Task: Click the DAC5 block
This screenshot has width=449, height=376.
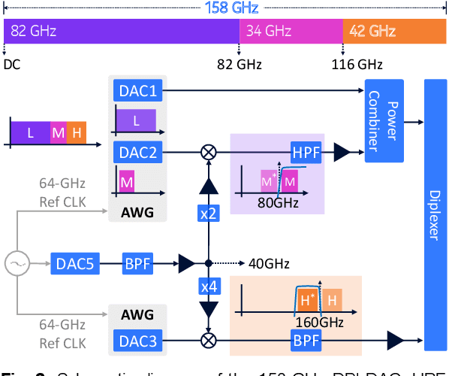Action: click(x=74, y=264)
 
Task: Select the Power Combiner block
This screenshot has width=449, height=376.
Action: click(x=384, y=120)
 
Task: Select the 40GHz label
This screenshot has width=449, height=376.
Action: click(x=266, y=264)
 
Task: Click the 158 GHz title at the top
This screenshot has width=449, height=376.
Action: click(x=223, y=8)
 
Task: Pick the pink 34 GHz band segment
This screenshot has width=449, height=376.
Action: click(x=291, y=31)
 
